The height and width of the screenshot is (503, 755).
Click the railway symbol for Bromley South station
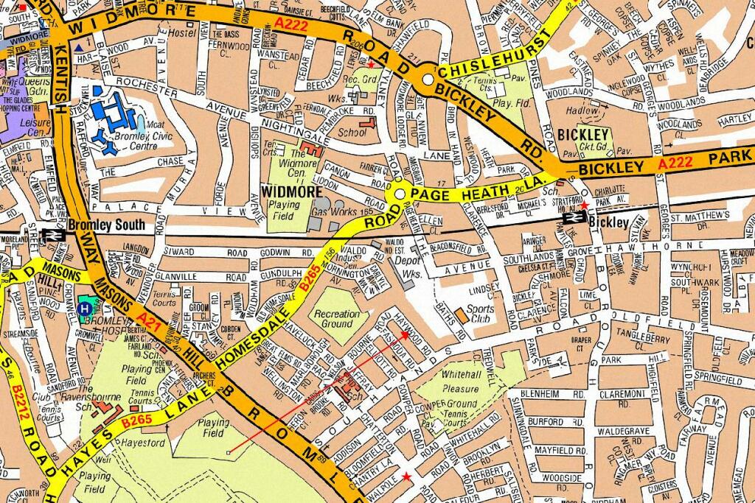(x=54, y=235)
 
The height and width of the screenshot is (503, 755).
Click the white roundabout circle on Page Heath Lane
(x=400, y=193)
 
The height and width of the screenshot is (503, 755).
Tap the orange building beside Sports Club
(x=460, y=314)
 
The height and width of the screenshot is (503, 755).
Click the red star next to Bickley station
(x=584, y=205)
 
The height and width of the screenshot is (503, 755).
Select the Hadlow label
(x=582, y=111)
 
